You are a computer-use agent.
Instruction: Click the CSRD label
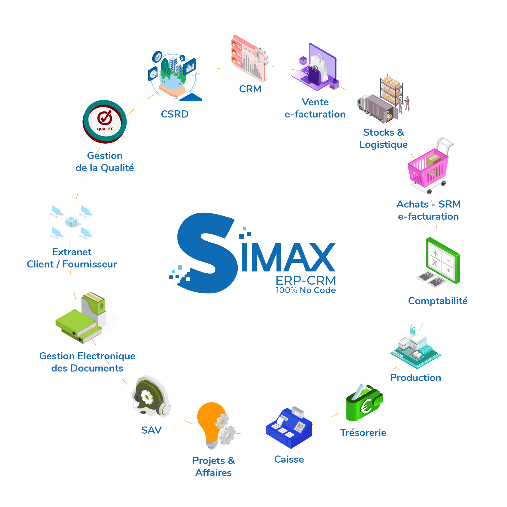175,114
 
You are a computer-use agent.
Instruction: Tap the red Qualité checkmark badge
105,122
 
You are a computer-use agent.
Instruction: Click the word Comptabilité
438,301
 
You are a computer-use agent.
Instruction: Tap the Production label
416,378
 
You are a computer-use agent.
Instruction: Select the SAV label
151,430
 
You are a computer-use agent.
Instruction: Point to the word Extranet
72,252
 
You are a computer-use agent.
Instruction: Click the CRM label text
250,89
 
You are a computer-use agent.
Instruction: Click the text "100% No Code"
306,290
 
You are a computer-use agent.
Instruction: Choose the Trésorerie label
363,433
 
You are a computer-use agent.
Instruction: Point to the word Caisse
289,459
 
